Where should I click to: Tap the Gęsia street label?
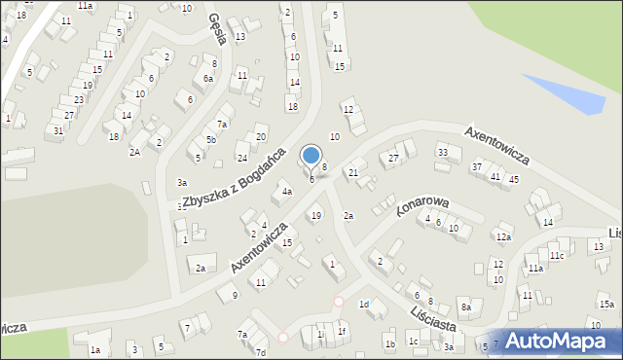coord(218,29)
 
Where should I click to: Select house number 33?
coord(442,152)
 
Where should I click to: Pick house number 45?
coord(513,179)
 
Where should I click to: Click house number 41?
coord(495,176)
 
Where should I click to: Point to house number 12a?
coord(502,236)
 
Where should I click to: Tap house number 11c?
coord(556,255)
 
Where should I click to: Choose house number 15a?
coord(606,305)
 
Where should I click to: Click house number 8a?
coord(466,307)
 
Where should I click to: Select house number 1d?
coord(364,305)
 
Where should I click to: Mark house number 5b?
coord(210,140)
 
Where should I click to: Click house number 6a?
coord(208,78)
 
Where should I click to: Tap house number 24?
coord(242,156)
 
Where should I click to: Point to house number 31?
coord(58,130)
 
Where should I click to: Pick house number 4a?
coord(286,192)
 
